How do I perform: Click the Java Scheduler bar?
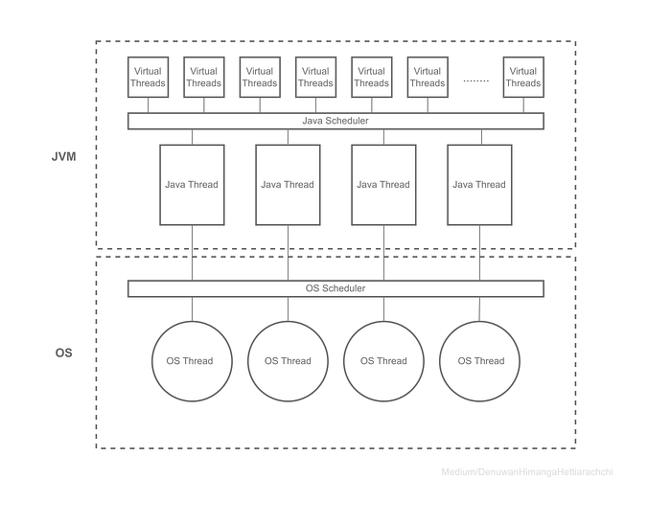[x=335, y=122]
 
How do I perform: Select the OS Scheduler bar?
[x=335, y=288]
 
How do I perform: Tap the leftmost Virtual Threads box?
[x=148, y=77]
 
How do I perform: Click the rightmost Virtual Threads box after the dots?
[x=523, y=77]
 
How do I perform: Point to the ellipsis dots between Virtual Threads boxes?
[x=475, y=81]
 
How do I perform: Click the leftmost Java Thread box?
[x=192, y=185]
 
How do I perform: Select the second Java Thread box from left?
[x=288, y=185]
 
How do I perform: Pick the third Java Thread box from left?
[x=383, y=185]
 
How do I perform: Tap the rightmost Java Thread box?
[x=479, y=185]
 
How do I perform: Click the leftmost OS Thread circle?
[x=192, y=361]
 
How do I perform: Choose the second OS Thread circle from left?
[x=288, y=361]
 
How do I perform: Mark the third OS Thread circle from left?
[x=383, y=361]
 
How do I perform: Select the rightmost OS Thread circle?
[x=479, y=361]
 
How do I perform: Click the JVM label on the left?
[x=64, y=155]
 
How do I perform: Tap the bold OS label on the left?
[x=63, y=353]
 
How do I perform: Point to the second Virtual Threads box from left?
[x=203, y=77]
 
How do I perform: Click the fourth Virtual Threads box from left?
[x=315, y=77]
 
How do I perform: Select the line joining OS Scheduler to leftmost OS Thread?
[x=192, y=308]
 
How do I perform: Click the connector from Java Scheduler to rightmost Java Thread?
[x=480, y=137]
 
